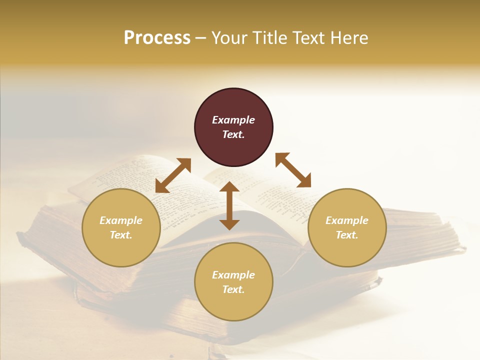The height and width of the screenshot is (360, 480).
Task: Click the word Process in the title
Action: click(x=157, y=38)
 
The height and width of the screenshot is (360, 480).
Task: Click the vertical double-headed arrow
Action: click(x=229, y=205)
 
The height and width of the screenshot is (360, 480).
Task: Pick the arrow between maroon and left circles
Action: click(x=173, y=175)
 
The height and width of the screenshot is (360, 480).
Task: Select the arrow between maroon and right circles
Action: click(x=293, y=170)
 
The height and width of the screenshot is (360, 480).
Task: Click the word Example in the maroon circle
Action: click(x=233, y=120)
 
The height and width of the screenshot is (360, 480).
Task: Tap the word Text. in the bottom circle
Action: click(x=233, y=289)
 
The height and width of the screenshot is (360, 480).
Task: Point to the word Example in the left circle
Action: click(x=121, y=220)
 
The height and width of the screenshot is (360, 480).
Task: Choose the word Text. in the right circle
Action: click(x=347, y=235)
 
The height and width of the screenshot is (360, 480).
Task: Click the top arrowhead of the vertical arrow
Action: click(x=229, y=186)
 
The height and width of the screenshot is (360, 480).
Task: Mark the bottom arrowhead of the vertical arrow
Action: click(x=229, y=224)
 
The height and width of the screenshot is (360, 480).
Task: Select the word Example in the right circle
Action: click(x=347, y=220)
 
